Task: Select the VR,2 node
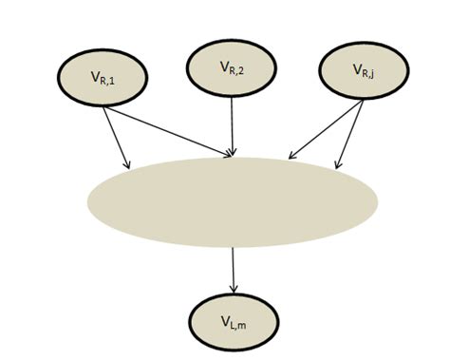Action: click(x=233, y=67)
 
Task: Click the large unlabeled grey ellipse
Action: click(x=233, y=199)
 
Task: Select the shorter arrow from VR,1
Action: click(x=117, y=132)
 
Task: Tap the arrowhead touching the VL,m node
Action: click(x=233, y=287)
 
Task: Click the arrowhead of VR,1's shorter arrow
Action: click(x=126, y=160)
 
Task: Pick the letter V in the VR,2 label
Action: click(x=223, y=66)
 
